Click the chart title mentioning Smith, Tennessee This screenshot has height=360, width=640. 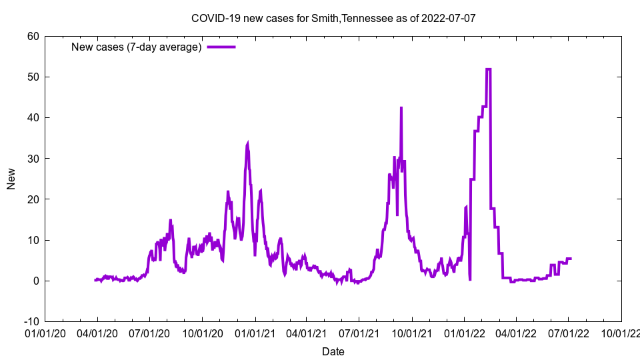(x=333, y=18)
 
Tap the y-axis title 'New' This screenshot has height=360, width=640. (x=11, y=179)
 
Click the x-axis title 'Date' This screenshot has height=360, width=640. (x=333, y=351)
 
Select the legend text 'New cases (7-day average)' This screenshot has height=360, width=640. (x=136, y=47)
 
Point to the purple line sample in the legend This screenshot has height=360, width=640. (x=221, y=47)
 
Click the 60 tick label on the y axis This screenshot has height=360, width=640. (x=33, y=36)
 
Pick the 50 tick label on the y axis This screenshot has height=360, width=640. (x=33, y=77)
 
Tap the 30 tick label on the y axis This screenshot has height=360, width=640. (x=33, y=158)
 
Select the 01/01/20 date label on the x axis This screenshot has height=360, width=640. (x=45, y=331)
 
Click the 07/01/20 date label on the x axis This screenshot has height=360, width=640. (x=149, y=331)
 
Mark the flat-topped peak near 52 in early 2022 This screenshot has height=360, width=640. (x=488, y=69)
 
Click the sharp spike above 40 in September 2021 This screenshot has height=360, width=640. (x=401, y=108)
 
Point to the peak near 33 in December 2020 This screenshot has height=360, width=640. (x=248, y=143)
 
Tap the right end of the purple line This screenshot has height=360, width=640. (x=571, y=258)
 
